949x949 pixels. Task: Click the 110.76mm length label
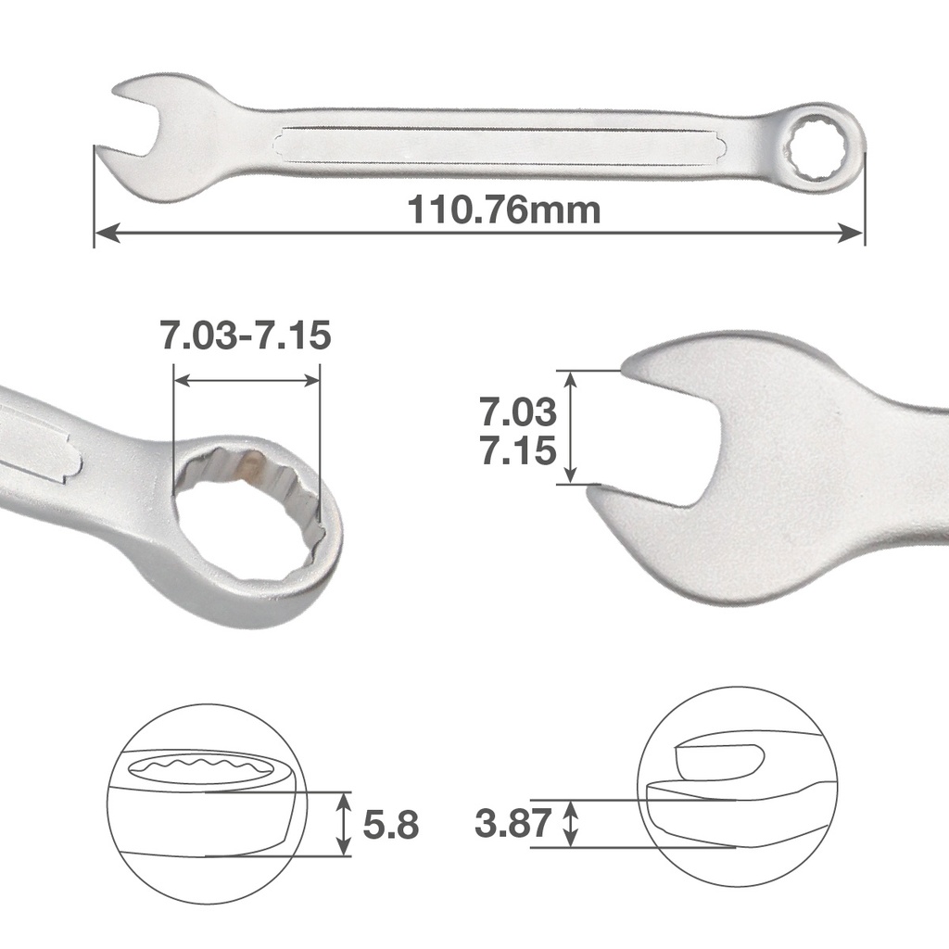[504, 210]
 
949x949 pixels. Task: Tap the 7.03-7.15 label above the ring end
[246, 335]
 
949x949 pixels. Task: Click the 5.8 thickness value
[391, 825]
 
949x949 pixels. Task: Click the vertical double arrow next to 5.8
[344, 824]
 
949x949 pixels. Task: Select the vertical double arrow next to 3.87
[572, 823]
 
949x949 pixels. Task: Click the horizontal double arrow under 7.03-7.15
[247, 380]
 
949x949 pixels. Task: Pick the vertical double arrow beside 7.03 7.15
[571, 426]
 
